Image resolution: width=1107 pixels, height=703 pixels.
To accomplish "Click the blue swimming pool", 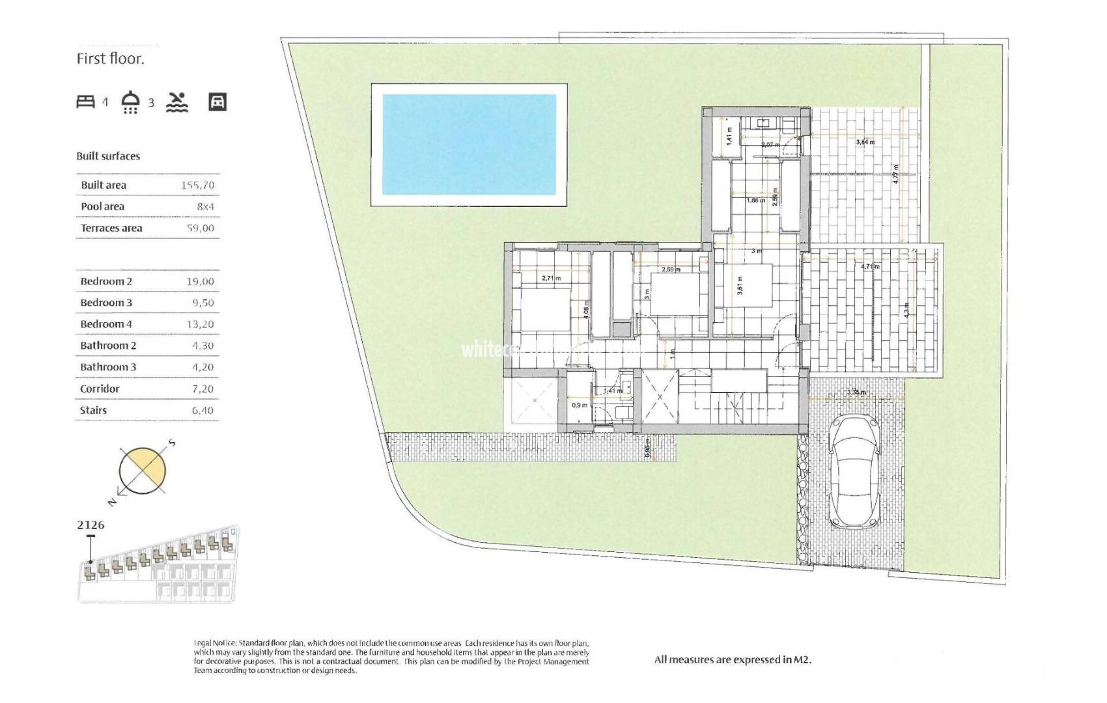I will pyautogui.click(x=469, y=145).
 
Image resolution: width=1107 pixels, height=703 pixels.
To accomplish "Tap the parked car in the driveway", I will pyautogui.click(x=854, y=472).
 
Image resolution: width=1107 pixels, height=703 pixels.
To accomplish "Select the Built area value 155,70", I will pyautogui.click(x=197, y=186).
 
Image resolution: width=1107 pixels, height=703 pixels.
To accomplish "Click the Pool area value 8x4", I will pyautogui.click(x=205, y=207).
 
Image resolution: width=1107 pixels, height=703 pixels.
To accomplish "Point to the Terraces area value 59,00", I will pyautogui.click(x=200, y=228).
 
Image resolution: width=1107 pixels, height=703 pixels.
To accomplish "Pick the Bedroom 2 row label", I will pyautogui.click(x=106, y=282).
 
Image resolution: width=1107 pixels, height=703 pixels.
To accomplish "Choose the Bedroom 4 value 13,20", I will pyautogui.click(x=200, y=324).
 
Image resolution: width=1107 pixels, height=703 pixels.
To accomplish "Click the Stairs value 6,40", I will pyautogui.click(x=203, y=411).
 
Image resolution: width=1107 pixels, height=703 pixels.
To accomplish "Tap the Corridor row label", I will pyautogui.click(x=100, y=389).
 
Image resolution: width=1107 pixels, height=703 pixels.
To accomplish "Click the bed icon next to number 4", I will pyautogui.click(x=86, y=102).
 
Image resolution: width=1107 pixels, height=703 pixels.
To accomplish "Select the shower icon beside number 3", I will pyautogui.click(x=131, y=102).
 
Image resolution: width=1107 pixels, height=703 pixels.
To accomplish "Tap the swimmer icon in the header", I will pyautogui.click(x=177, y=102).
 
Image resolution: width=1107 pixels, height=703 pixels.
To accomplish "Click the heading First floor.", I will pyautogui.click(x=110, y=59).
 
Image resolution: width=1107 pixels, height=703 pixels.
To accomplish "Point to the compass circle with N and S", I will pyautogui.click(x=142, y=471).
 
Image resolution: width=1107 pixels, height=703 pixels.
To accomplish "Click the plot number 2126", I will pyautogui.click(x=91, y=525).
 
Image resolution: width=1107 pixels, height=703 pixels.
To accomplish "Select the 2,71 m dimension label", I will pyautogui.click(x=551, y=279).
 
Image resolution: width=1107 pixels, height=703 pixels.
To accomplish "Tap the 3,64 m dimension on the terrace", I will pyautogui.click(x=865, y=142).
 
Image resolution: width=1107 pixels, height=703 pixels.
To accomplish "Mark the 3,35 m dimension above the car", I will pyautogui.click(x=856, y=393).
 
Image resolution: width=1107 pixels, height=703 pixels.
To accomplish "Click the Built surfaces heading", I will pyautogui.click(x=108, y=156).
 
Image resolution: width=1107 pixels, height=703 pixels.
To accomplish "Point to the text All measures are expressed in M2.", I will pyautogui.click(x=733, y=660).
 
